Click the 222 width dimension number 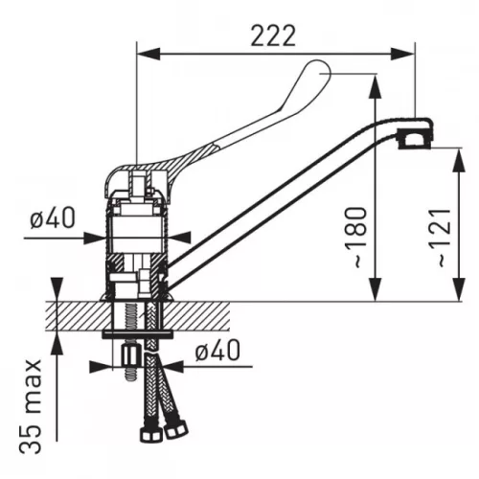273,35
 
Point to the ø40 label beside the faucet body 53,217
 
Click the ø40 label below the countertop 217,350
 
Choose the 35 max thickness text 31,406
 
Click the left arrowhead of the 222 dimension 148,54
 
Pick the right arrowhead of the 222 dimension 403,54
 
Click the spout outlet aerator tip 414,138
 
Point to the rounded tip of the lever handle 318,69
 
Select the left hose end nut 151,433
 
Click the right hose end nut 176,429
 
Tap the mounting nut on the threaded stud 131,356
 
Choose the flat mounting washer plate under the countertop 137,335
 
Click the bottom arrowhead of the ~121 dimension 459,289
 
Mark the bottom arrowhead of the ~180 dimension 375,289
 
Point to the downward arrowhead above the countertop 57,289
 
